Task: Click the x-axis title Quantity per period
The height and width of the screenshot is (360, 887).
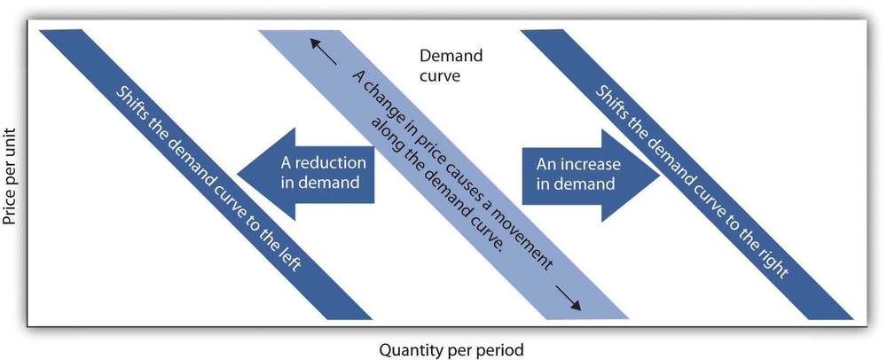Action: point(451,350)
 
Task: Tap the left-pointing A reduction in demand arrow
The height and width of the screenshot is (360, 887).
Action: point(306,174)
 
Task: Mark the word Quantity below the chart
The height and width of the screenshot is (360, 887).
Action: point(404,350)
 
